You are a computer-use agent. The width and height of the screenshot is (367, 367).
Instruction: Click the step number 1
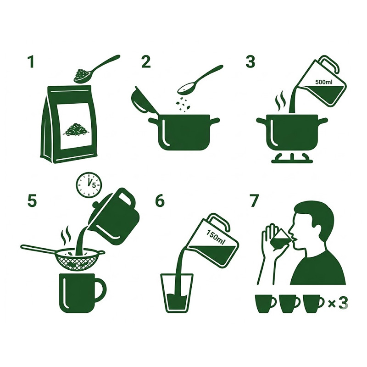[31, 62]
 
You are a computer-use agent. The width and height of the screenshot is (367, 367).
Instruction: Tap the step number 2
[146, 62]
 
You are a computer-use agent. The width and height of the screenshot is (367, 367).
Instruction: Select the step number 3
[250, 62]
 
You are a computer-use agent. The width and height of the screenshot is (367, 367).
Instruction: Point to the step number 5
[32, 201]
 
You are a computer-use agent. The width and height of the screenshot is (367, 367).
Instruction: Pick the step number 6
[160, 201]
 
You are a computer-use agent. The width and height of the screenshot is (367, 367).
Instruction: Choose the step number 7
[255, 201]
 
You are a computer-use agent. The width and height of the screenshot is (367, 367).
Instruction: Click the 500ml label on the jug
[324, 82]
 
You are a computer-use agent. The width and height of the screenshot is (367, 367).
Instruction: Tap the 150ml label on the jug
[215, 234]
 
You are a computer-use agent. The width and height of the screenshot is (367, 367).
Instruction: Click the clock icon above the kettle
[89, 184]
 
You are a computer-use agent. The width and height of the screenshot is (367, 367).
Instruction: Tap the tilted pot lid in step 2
[143, 101]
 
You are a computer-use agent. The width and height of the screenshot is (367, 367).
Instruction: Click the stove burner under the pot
[292, 157]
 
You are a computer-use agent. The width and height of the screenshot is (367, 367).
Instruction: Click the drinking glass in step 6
[177, 293]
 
